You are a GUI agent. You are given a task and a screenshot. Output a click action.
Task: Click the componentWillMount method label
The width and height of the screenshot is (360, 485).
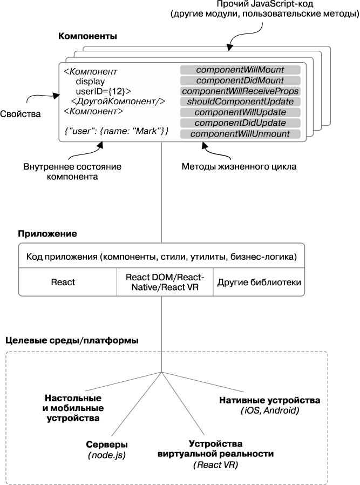[240, 70]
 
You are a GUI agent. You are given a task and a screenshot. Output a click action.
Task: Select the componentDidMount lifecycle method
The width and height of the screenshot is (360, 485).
[240, 80]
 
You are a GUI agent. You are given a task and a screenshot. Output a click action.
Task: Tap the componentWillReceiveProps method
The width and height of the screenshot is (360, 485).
[240, 91]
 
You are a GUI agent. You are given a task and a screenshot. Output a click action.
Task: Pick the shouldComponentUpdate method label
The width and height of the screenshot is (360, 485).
[240, 102]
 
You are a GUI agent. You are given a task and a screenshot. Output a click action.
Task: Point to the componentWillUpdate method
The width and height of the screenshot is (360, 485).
[240, 112]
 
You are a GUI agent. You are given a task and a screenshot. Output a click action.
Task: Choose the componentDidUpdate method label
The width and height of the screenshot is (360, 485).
[240, 123]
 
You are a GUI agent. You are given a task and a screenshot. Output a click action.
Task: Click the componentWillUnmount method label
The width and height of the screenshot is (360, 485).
[240, 133]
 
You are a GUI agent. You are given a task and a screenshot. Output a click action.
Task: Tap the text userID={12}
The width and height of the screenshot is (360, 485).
[103, 91]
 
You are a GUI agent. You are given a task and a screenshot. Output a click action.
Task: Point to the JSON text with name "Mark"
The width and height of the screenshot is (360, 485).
[117, 131]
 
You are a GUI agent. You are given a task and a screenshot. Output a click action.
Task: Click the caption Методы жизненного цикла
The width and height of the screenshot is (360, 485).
[239, 167]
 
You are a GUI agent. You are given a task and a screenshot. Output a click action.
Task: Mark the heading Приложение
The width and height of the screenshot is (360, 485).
[47, 234]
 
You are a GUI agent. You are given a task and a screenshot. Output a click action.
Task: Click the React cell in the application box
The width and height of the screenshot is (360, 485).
[63, 282]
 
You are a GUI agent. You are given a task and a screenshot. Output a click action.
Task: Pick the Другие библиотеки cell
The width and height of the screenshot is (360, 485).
[259, 282]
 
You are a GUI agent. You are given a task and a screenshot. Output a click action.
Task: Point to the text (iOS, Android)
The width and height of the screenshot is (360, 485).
[270, 411]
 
